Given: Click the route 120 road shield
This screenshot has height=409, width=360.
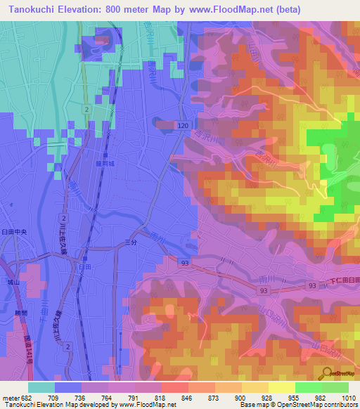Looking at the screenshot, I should (x=183, y=124).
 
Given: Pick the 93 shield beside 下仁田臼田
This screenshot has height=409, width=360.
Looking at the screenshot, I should (x=311, y=285).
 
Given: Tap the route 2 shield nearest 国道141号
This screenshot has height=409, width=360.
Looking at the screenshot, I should (x=67, y=346).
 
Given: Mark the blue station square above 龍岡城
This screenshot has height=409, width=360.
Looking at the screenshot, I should (x=106, y=155).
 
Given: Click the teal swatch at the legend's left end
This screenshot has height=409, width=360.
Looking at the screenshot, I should (x=41, y=387).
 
